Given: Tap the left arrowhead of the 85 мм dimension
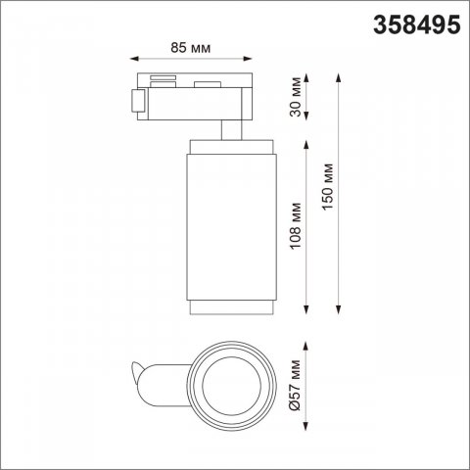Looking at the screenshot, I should (134, 58).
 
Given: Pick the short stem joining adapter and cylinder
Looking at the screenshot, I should (229, 131).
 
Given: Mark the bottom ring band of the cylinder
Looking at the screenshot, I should (229, 308).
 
